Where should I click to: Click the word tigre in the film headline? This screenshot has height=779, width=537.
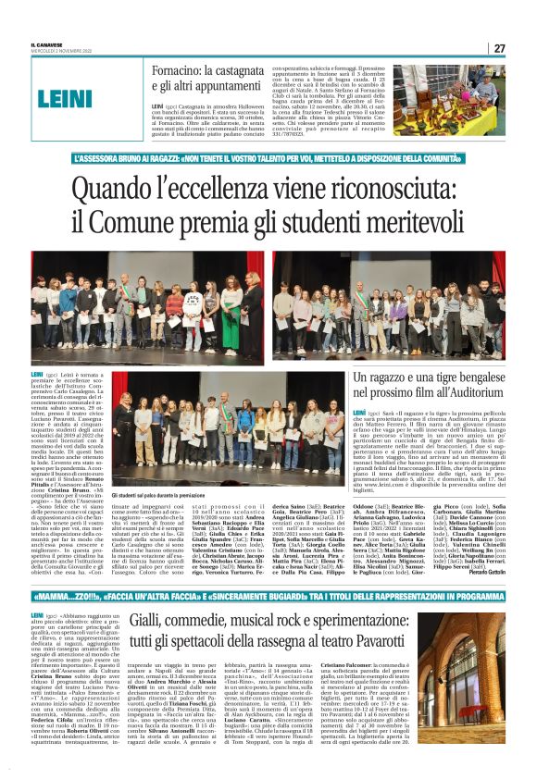[455, 378]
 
